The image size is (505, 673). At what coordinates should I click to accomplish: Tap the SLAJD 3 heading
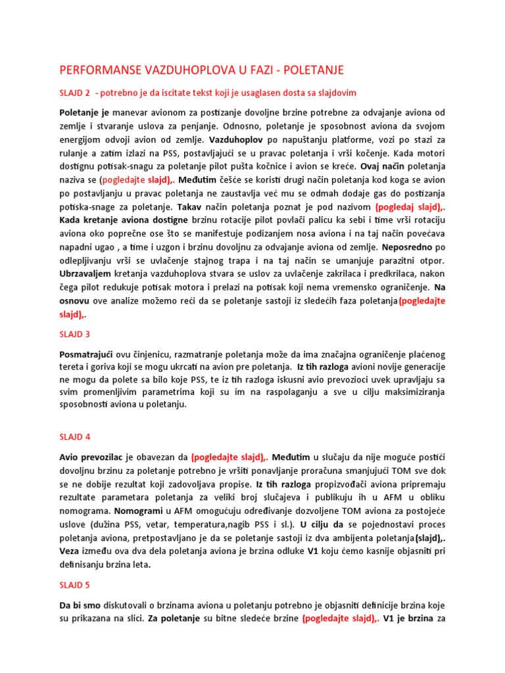[74, 334]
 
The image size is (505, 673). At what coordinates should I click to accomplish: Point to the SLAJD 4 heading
[74, 436]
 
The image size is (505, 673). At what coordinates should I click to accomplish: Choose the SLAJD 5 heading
[74, 584]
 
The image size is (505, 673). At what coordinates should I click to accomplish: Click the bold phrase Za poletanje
[176, 618]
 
